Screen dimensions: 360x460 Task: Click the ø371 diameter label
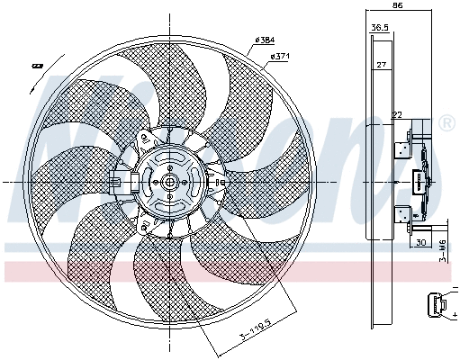279,58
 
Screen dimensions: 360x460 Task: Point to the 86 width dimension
397,6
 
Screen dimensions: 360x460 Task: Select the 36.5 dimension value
380,28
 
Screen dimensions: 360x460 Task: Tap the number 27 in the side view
382,65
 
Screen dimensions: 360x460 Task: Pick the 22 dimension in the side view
396,114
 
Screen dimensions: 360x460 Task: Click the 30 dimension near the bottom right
420,243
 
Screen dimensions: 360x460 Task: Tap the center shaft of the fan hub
168,181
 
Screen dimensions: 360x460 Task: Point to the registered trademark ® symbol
446,122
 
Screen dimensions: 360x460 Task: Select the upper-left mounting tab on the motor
145,139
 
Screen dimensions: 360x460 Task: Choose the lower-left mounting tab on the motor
145,222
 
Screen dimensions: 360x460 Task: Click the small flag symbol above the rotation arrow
38,65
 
